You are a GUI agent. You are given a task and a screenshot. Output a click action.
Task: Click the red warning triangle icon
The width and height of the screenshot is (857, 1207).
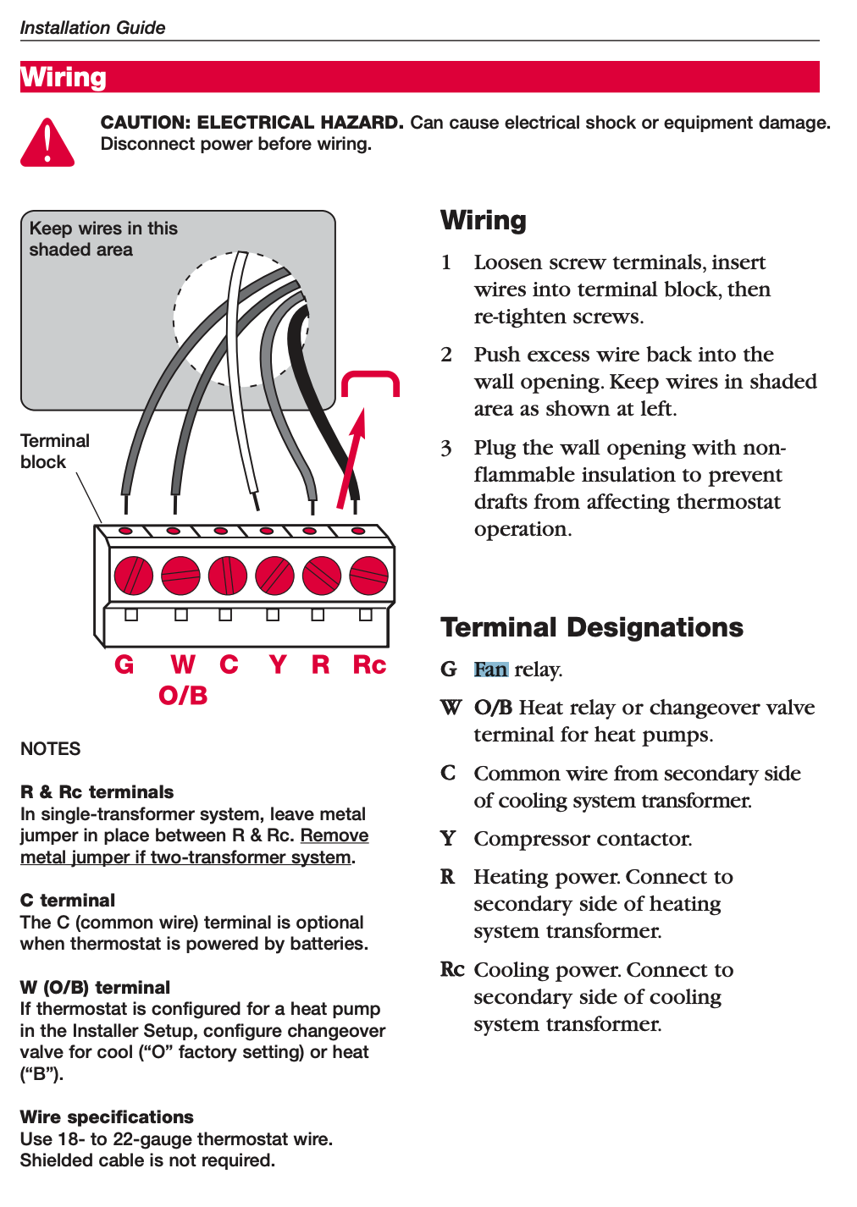coord(47,144)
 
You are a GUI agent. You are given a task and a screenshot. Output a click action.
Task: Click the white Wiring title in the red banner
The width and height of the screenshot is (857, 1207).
coord(64,77)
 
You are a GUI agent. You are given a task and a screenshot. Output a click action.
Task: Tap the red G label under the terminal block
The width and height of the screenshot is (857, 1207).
coord(124,664)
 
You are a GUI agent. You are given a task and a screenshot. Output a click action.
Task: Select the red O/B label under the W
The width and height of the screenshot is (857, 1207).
coord(183,696)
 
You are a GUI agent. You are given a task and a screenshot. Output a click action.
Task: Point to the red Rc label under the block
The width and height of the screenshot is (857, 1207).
coord(369,664)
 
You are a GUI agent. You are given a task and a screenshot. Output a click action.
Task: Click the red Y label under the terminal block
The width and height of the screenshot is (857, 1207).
coord(277,664)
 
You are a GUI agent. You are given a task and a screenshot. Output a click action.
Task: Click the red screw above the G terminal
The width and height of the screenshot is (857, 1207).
coord(133,576)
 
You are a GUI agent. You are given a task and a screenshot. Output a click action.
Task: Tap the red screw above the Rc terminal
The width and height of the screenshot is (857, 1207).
coord(368,576)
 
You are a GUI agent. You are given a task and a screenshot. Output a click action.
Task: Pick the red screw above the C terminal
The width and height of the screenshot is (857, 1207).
coord(227,576)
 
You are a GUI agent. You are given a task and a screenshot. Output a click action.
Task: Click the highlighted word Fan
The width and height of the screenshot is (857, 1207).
coord(490,670)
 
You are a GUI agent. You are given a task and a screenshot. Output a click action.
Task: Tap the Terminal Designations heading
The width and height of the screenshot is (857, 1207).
coord(591,627)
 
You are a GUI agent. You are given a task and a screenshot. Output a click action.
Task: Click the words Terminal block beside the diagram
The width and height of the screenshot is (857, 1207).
coord(54,451)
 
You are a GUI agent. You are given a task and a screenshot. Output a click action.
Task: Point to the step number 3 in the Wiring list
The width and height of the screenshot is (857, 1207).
coord(446,448)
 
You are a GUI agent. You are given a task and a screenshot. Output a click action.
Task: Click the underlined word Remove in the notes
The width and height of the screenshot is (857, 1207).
coord(335,835)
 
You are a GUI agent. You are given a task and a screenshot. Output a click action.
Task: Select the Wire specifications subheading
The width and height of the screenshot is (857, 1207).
coord(107,1116)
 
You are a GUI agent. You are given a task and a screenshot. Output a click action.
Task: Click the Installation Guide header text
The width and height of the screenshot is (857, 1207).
coord(92,27)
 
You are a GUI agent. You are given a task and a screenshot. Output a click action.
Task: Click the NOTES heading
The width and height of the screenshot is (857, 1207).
coord(50,748)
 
